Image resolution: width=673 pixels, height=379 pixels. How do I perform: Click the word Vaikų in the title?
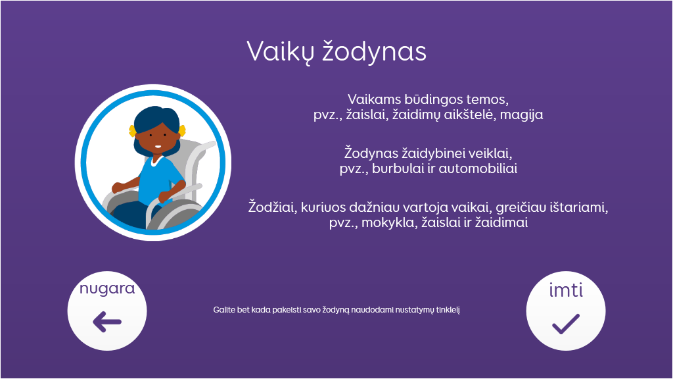point(280,52)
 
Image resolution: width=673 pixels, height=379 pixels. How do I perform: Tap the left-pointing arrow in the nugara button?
point(107,322)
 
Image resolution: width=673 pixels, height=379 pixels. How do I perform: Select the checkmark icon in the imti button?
point(566,324)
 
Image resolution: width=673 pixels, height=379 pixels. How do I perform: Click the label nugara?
point(107,289)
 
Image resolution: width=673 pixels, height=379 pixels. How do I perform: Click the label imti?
point(566,290)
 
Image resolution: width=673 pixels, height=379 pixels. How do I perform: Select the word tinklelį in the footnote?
point(448,310)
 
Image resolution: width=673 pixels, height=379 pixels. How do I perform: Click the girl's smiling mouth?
point(158,147)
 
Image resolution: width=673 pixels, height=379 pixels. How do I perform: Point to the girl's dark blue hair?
point(155,122)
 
